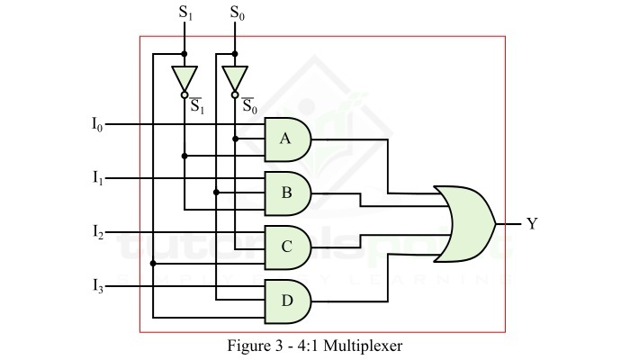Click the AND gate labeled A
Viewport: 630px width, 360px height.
pyautogui.click(x=287, y=138)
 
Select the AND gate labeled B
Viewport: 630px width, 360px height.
pyautogui.click(x=287, y=191)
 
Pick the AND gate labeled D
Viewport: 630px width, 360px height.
pyautogui.click(x=287, y=300)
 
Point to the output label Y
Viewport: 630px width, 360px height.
pyautogui.click(x=532, y=223)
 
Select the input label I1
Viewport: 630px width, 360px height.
pyautogui.click(x=97, y=178)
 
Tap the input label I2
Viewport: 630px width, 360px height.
pyautogui.click(x=97, y=232)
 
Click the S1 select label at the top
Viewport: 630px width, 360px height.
pyautogui.click(x=185, y=13)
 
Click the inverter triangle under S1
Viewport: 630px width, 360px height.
pyautogui.click(x=184, y=76)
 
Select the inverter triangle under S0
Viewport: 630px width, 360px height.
pyautogui.click(x=234, y=76)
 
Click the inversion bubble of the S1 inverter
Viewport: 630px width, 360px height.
pyautogui.click(x=184, y=93)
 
